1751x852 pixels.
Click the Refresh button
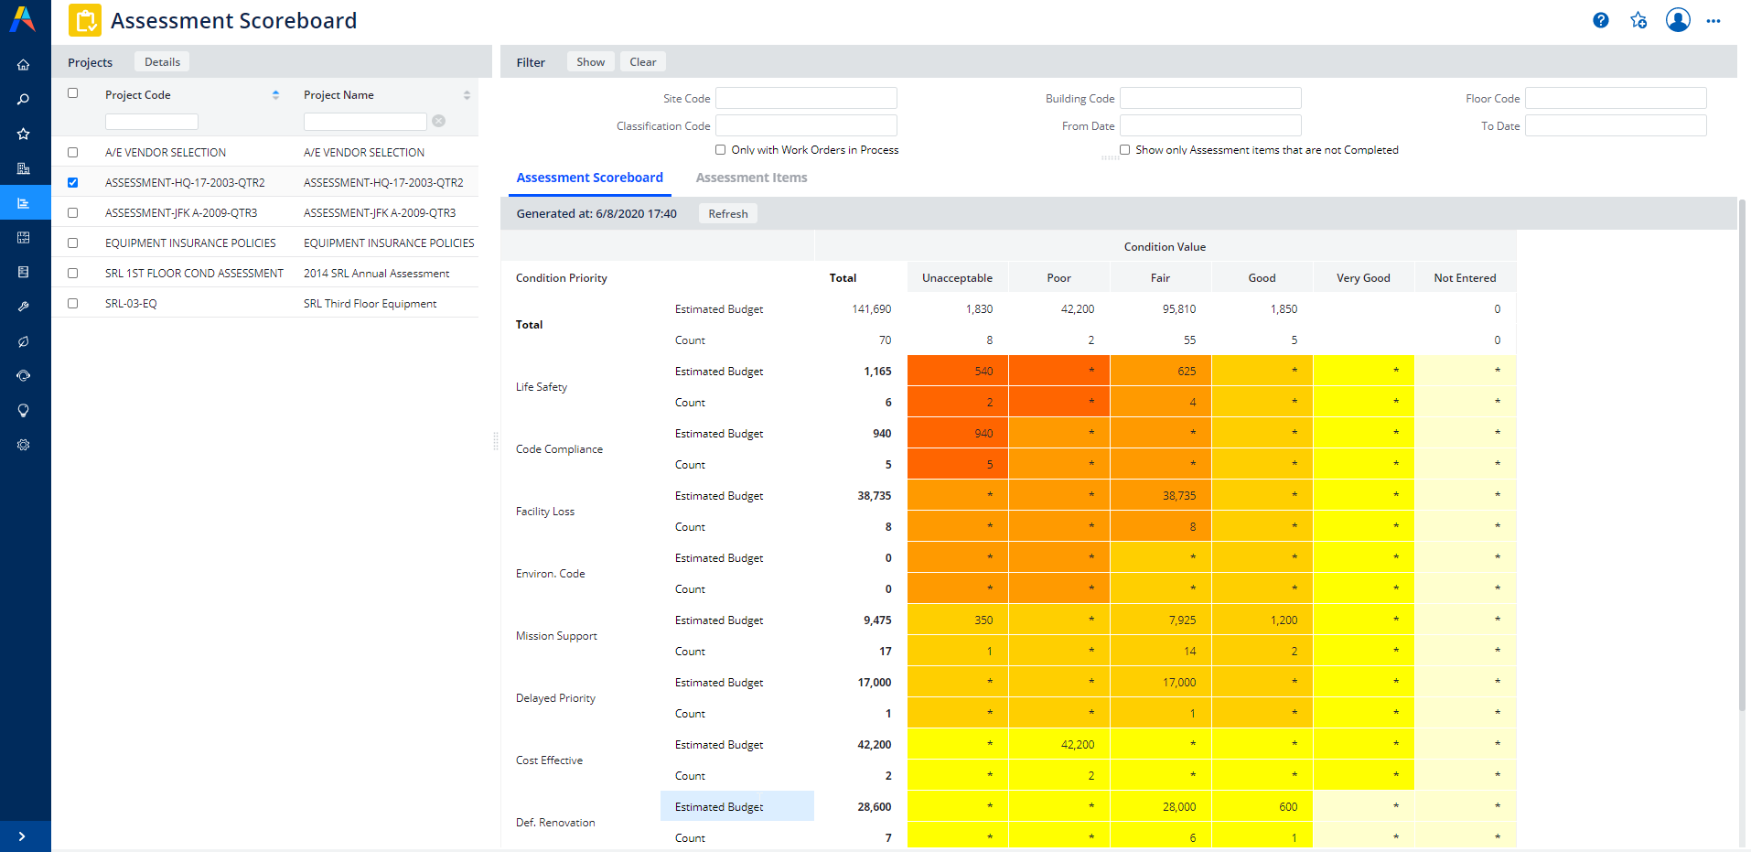point(727,214)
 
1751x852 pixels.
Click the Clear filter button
point(642,62)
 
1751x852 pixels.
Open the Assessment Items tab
point(751,178)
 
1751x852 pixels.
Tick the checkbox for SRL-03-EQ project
point(73,303)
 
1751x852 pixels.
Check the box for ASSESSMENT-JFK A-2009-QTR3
point(73,212)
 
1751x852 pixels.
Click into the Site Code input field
point(805,98)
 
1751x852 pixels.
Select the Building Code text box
point(1209,98)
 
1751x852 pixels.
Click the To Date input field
point(1615,125)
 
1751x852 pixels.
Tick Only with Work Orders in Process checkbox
point(721,150)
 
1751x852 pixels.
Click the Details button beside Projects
point(162,62)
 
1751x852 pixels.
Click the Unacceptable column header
point(957,278)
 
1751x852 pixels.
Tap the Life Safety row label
point(542,387)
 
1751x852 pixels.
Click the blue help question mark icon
point(1600,20)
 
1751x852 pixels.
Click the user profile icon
point(1677,20)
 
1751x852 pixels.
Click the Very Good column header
point(1362,278)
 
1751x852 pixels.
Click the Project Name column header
point(338,95)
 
